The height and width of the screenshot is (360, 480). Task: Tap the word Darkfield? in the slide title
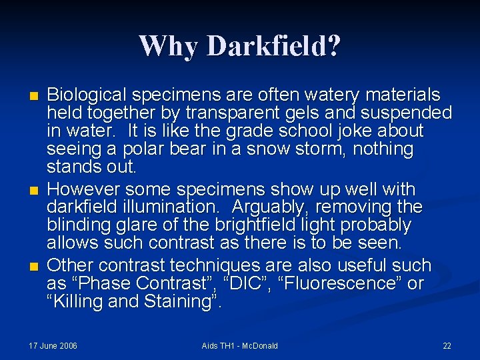coord(274,46)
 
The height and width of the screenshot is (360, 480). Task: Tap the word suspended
coord(407,113)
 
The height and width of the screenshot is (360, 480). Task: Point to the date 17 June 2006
coord(53,345)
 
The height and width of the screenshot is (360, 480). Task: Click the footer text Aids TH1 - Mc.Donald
coord(240,345)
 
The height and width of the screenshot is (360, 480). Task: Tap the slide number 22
coord(447,345)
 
